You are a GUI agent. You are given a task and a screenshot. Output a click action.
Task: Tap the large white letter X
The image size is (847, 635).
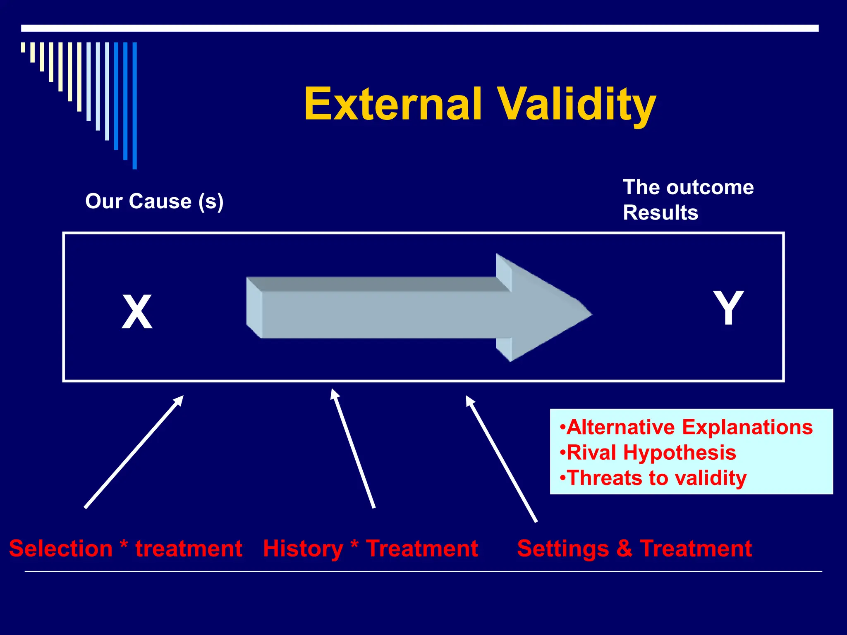137,312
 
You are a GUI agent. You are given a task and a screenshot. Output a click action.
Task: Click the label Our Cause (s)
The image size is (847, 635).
154,201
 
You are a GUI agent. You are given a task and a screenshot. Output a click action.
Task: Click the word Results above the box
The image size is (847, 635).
660,213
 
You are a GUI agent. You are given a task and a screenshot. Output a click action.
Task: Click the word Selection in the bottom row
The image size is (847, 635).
61,549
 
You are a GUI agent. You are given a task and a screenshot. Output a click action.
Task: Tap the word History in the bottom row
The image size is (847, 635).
303,549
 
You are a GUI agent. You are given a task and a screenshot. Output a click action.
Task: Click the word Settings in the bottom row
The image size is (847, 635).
563,549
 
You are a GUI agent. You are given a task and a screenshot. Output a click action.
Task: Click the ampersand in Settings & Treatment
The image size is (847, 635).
624,549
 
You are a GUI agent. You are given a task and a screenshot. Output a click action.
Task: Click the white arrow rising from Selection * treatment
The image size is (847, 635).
134,452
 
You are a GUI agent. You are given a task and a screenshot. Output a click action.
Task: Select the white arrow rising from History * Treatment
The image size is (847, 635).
352,449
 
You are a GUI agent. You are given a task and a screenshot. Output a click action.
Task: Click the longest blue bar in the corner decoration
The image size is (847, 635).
134,105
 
